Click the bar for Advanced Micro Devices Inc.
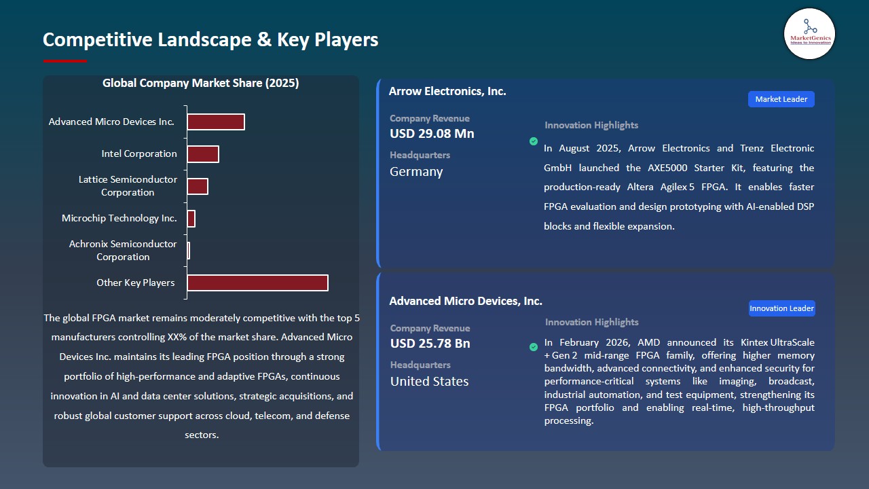coord(216,122)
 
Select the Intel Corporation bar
coord(203,154)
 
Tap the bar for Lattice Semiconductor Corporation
coord(198,186)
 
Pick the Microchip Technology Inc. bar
coord(191,219)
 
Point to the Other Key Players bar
coord(257,283)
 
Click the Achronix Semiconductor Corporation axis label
coord(123,250)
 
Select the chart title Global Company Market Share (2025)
coord(201,84)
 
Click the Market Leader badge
coord(781,99)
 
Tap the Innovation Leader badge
coord(781,308)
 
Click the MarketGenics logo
coord(809,33)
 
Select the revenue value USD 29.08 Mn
coord(432,134)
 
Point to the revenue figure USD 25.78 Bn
coord(430,344)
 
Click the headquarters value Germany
coord(416,172)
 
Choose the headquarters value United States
coord(429,382)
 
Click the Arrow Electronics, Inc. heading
coord(447,91)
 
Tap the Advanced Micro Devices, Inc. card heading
coord(466,301)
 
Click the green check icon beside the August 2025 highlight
coord(534,141)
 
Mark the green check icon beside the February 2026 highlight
coord(534,347)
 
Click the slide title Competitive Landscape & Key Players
coord(210,39)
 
